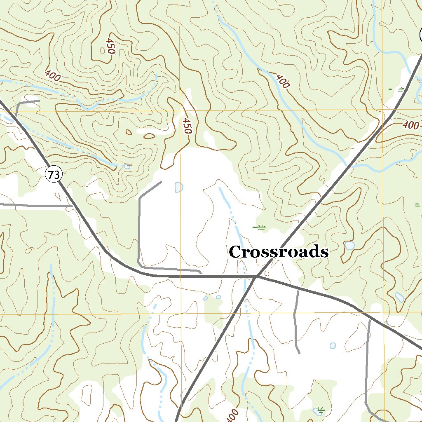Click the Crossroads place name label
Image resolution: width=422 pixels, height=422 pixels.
[x=279, y=252]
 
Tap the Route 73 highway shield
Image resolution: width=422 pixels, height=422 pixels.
[x=53, y=175]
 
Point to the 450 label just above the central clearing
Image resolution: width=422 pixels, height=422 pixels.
[x=187, y=126]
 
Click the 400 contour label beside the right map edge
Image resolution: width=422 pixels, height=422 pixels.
[x=411, y=125]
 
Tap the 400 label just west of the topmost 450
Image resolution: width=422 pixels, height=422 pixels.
[x=52, y=76]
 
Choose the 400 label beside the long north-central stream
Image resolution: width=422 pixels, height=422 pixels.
[x=282, y=81]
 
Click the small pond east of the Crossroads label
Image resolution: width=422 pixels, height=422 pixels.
[x=349, y=246]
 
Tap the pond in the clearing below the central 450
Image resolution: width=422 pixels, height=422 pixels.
[x=179, y=187]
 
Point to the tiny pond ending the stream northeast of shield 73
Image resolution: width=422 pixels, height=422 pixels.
[x=127, y=166]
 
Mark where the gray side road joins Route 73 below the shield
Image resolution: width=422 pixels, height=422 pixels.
[x=73, y=205]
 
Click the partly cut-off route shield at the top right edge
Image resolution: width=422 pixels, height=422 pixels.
[x=420, y=35]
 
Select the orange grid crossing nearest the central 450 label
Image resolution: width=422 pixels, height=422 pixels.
[x=181, y=110]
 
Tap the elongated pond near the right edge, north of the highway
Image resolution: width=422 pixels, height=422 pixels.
[x=399, y=297]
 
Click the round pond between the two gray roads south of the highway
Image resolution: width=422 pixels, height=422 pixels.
[x=333, y=345]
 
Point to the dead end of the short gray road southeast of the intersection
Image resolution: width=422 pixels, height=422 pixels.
[x=299, y=353]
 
